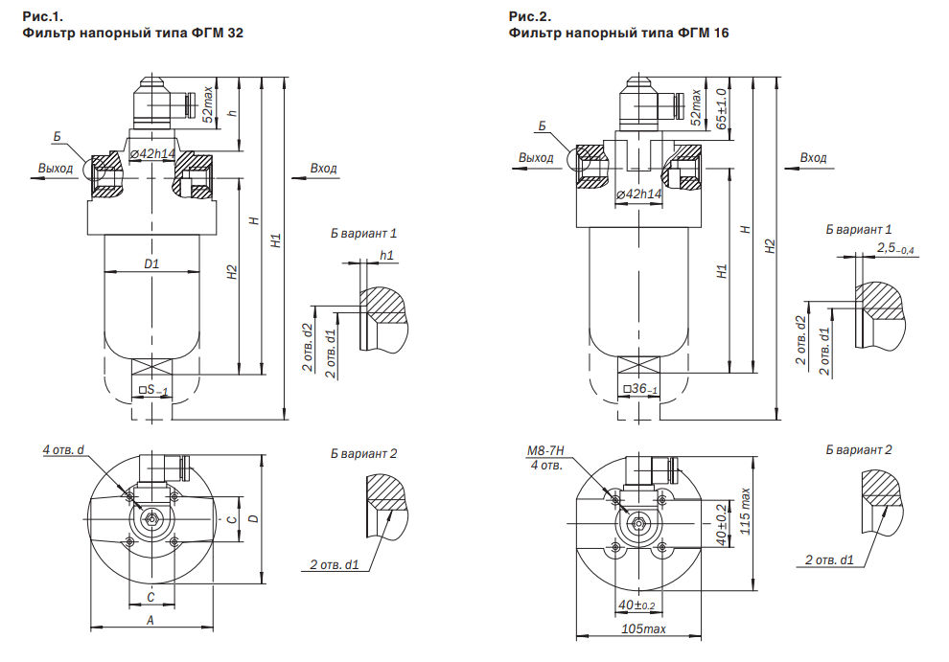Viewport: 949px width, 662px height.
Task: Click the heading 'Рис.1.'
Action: tap(42, 16)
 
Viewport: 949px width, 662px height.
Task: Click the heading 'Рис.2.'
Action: tap(529, 16)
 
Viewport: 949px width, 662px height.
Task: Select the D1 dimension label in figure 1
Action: tap(151, 263)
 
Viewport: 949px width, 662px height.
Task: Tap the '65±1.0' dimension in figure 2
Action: tap(721, 108)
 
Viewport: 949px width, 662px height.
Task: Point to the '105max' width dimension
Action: tap(643, 628)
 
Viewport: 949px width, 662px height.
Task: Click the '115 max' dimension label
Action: tap(745, 512)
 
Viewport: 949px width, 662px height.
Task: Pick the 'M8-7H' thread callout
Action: tap(545, 451)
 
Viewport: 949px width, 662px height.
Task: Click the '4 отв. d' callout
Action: tap(63, 449)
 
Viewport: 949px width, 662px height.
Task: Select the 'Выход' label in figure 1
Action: tap(55, 169)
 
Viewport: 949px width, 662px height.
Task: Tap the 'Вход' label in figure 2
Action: tap(813, 157)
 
